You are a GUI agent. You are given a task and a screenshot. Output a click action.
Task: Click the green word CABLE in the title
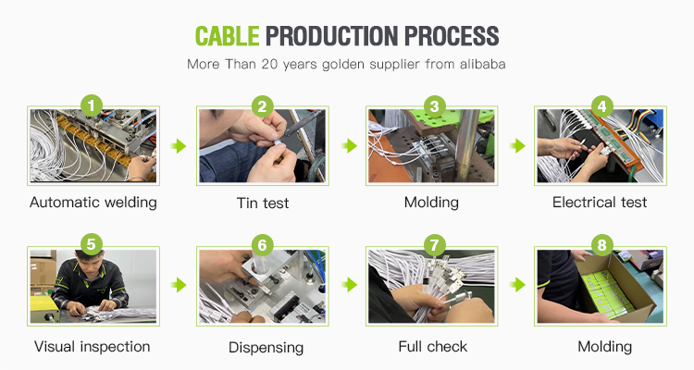[227, 36]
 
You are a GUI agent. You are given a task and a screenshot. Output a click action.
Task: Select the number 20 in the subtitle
[269, 64]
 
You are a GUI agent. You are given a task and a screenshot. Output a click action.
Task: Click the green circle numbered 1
[92, 106]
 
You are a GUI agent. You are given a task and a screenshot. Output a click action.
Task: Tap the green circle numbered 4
[601, 106]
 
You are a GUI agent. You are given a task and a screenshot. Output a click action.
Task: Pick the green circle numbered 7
[434, 245]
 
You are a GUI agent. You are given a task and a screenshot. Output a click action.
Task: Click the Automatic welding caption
[93, 203]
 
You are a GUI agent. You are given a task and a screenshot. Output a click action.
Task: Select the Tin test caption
[263, 203]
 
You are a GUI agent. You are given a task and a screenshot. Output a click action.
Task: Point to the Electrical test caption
[600, 203]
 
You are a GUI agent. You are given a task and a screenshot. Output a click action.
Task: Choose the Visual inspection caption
[93, 347]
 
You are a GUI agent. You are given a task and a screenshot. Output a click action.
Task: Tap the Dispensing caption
[266, 348]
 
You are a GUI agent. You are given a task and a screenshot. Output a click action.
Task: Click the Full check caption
[433, 347]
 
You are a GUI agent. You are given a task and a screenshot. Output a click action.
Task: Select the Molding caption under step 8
[604, 347]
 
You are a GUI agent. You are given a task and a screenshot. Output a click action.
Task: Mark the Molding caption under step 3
[431, 203]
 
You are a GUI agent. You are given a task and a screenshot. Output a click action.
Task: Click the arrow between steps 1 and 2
[179, 145]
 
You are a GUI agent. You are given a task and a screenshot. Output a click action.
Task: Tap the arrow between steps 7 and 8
[518, 285]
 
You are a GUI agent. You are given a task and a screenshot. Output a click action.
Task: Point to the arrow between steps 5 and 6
[179, 285]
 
